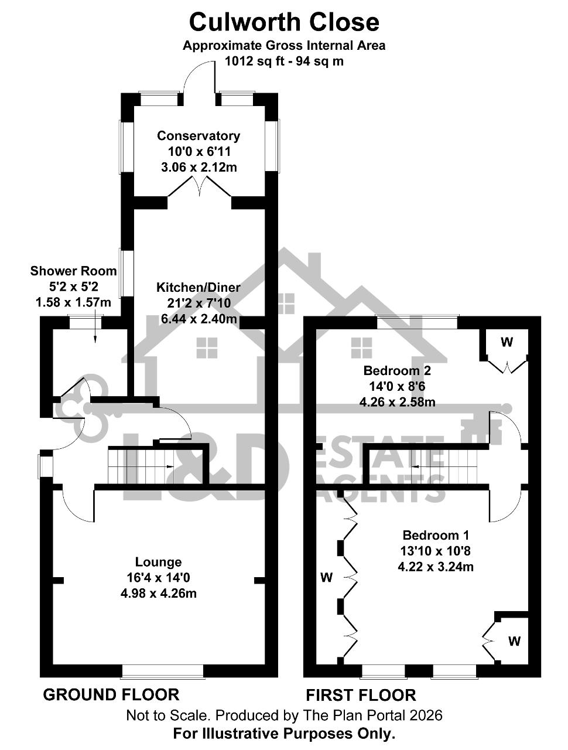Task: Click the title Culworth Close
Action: click(x=284, y=22)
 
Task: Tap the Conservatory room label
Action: click(x=199, y=136)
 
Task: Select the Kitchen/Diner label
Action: click(x=199, y=287)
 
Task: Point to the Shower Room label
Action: click(x=73, y=271)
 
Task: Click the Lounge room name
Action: click(x=158, y=562)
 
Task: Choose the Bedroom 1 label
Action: click(x=436, y=535)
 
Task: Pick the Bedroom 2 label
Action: click(x=397, y=370)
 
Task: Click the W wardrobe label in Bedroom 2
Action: click(x=507, y=342)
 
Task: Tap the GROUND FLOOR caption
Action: click(x=111, y=695)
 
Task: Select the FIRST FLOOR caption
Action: click(x=361, y=695)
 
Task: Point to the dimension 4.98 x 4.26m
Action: click(x=158, y=594)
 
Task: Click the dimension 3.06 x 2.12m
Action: click(x=199, y=168)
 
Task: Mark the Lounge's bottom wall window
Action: click(x=163, y=671)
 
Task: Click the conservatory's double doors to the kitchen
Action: click(x=199, y=186)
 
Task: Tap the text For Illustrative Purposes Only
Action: click(x=284, y=732)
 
